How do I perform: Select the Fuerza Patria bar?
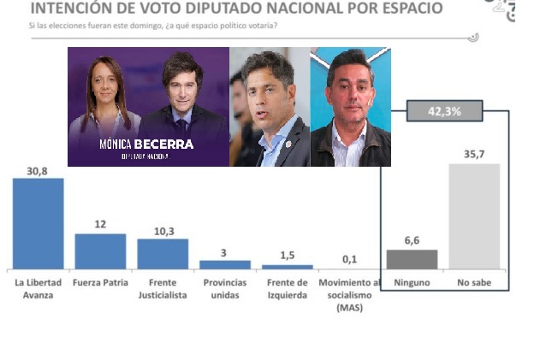point(100,251)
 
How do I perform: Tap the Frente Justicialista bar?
point(163,254)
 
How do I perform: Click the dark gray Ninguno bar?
point(412,260)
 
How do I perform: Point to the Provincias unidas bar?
point(225,264)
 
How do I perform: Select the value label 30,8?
point(38,171)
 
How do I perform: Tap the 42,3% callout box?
point(444,111)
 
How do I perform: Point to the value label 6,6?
point(412,242)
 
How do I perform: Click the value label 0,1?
point(350,258)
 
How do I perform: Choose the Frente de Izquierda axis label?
point(288,288)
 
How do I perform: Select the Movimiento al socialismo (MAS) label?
point(350,294)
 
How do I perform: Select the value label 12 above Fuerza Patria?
point(100,225)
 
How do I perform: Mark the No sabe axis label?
point(474,282)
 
